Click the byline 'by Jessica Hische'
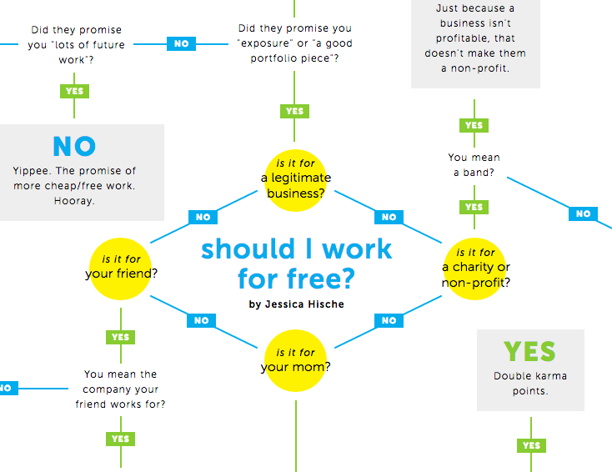(x=296, y=304)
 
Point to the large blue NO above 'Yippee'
(x=74, y=147)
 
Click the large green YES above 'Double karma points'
(x=530, y=351)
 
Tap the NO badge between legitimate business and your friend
(x=203, y=218)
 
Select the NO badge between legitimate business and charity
(x=389, y=218)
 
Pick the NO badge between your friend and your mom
(x=201, y=320)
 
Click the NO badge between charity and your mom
(x=389, y=320)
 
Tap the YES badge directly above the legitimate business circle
(x=294, y=111)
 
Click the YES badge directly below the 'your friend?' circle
(x=121, y=337)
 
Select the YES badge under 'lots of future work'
(x=74, y=91)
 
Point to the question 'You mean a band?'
(x=474, y=165)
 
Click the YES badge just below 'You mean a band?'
(x=474, y=207)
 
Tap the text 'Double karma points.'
(x=530, y=383)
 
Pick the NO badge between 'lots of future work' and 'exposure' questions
(x=181, y=43)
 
